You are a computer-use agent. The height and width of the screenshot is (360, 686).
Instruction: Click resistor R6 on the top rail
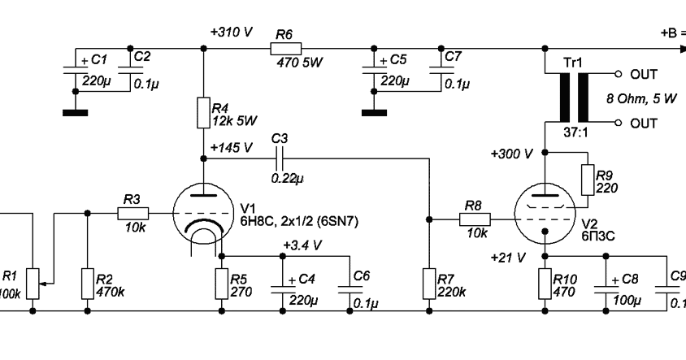click(284, 49)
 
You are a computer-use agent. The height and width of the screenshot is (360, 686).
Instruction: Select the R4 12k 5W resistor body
click(203, 112)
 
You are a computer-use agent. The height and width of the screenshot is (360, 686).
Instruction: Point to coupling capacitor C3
click(281, 159)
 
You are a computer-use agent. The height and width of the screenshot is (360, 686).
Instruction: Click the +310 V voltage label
click(231, 32)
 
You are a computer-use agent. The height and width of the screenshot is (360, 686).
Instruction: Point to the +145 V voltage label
click(232, 149)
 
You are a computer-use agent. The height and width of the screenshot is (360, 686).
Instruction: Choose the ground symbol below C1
click(75, 112)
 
